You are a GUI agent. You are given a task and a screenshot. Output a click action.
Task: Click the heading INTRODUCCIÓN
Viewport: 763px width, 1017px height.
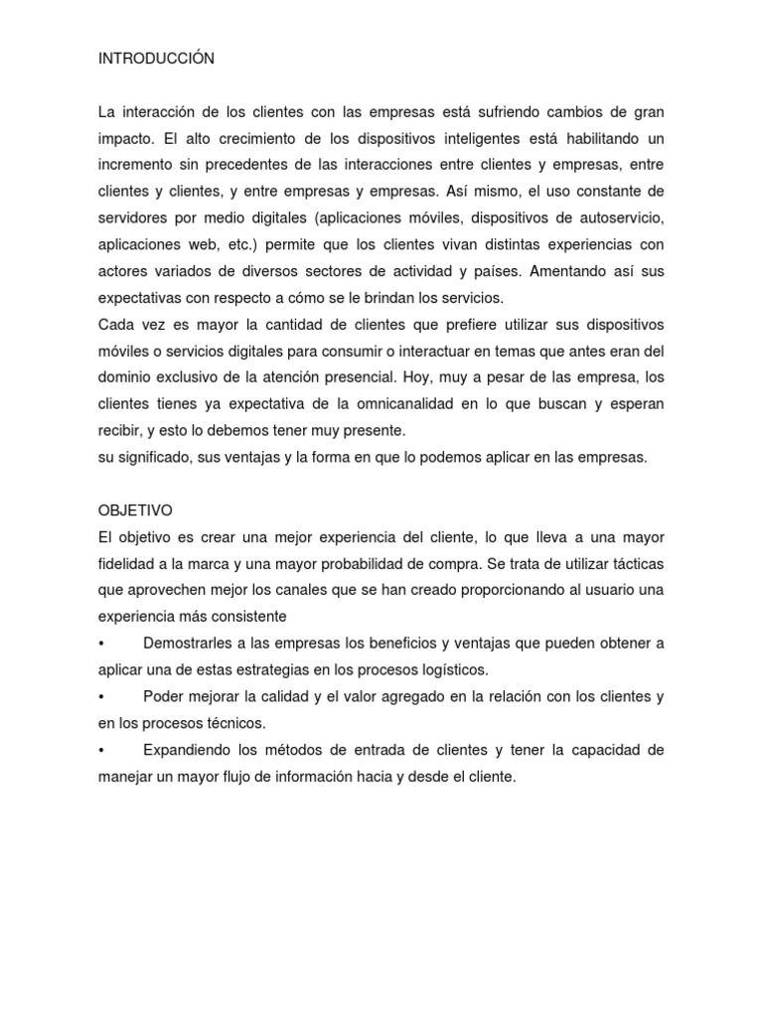pos(156,60)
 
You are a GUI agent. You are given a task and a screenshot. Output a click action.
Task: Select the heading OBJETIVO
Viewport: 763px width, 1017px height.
pos(134,510)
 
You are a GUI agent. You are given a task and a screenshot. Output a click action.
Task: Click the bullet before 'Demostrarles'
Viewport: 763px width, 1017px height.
pos(101,644)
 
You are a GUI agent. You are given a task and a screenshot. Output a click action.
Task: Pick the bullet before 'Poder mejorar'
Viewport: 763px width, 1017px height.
pos(101,697)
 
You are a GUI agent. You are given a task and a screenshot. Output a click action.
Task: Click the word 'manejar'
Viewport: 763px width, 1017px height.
pos(123,778)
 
